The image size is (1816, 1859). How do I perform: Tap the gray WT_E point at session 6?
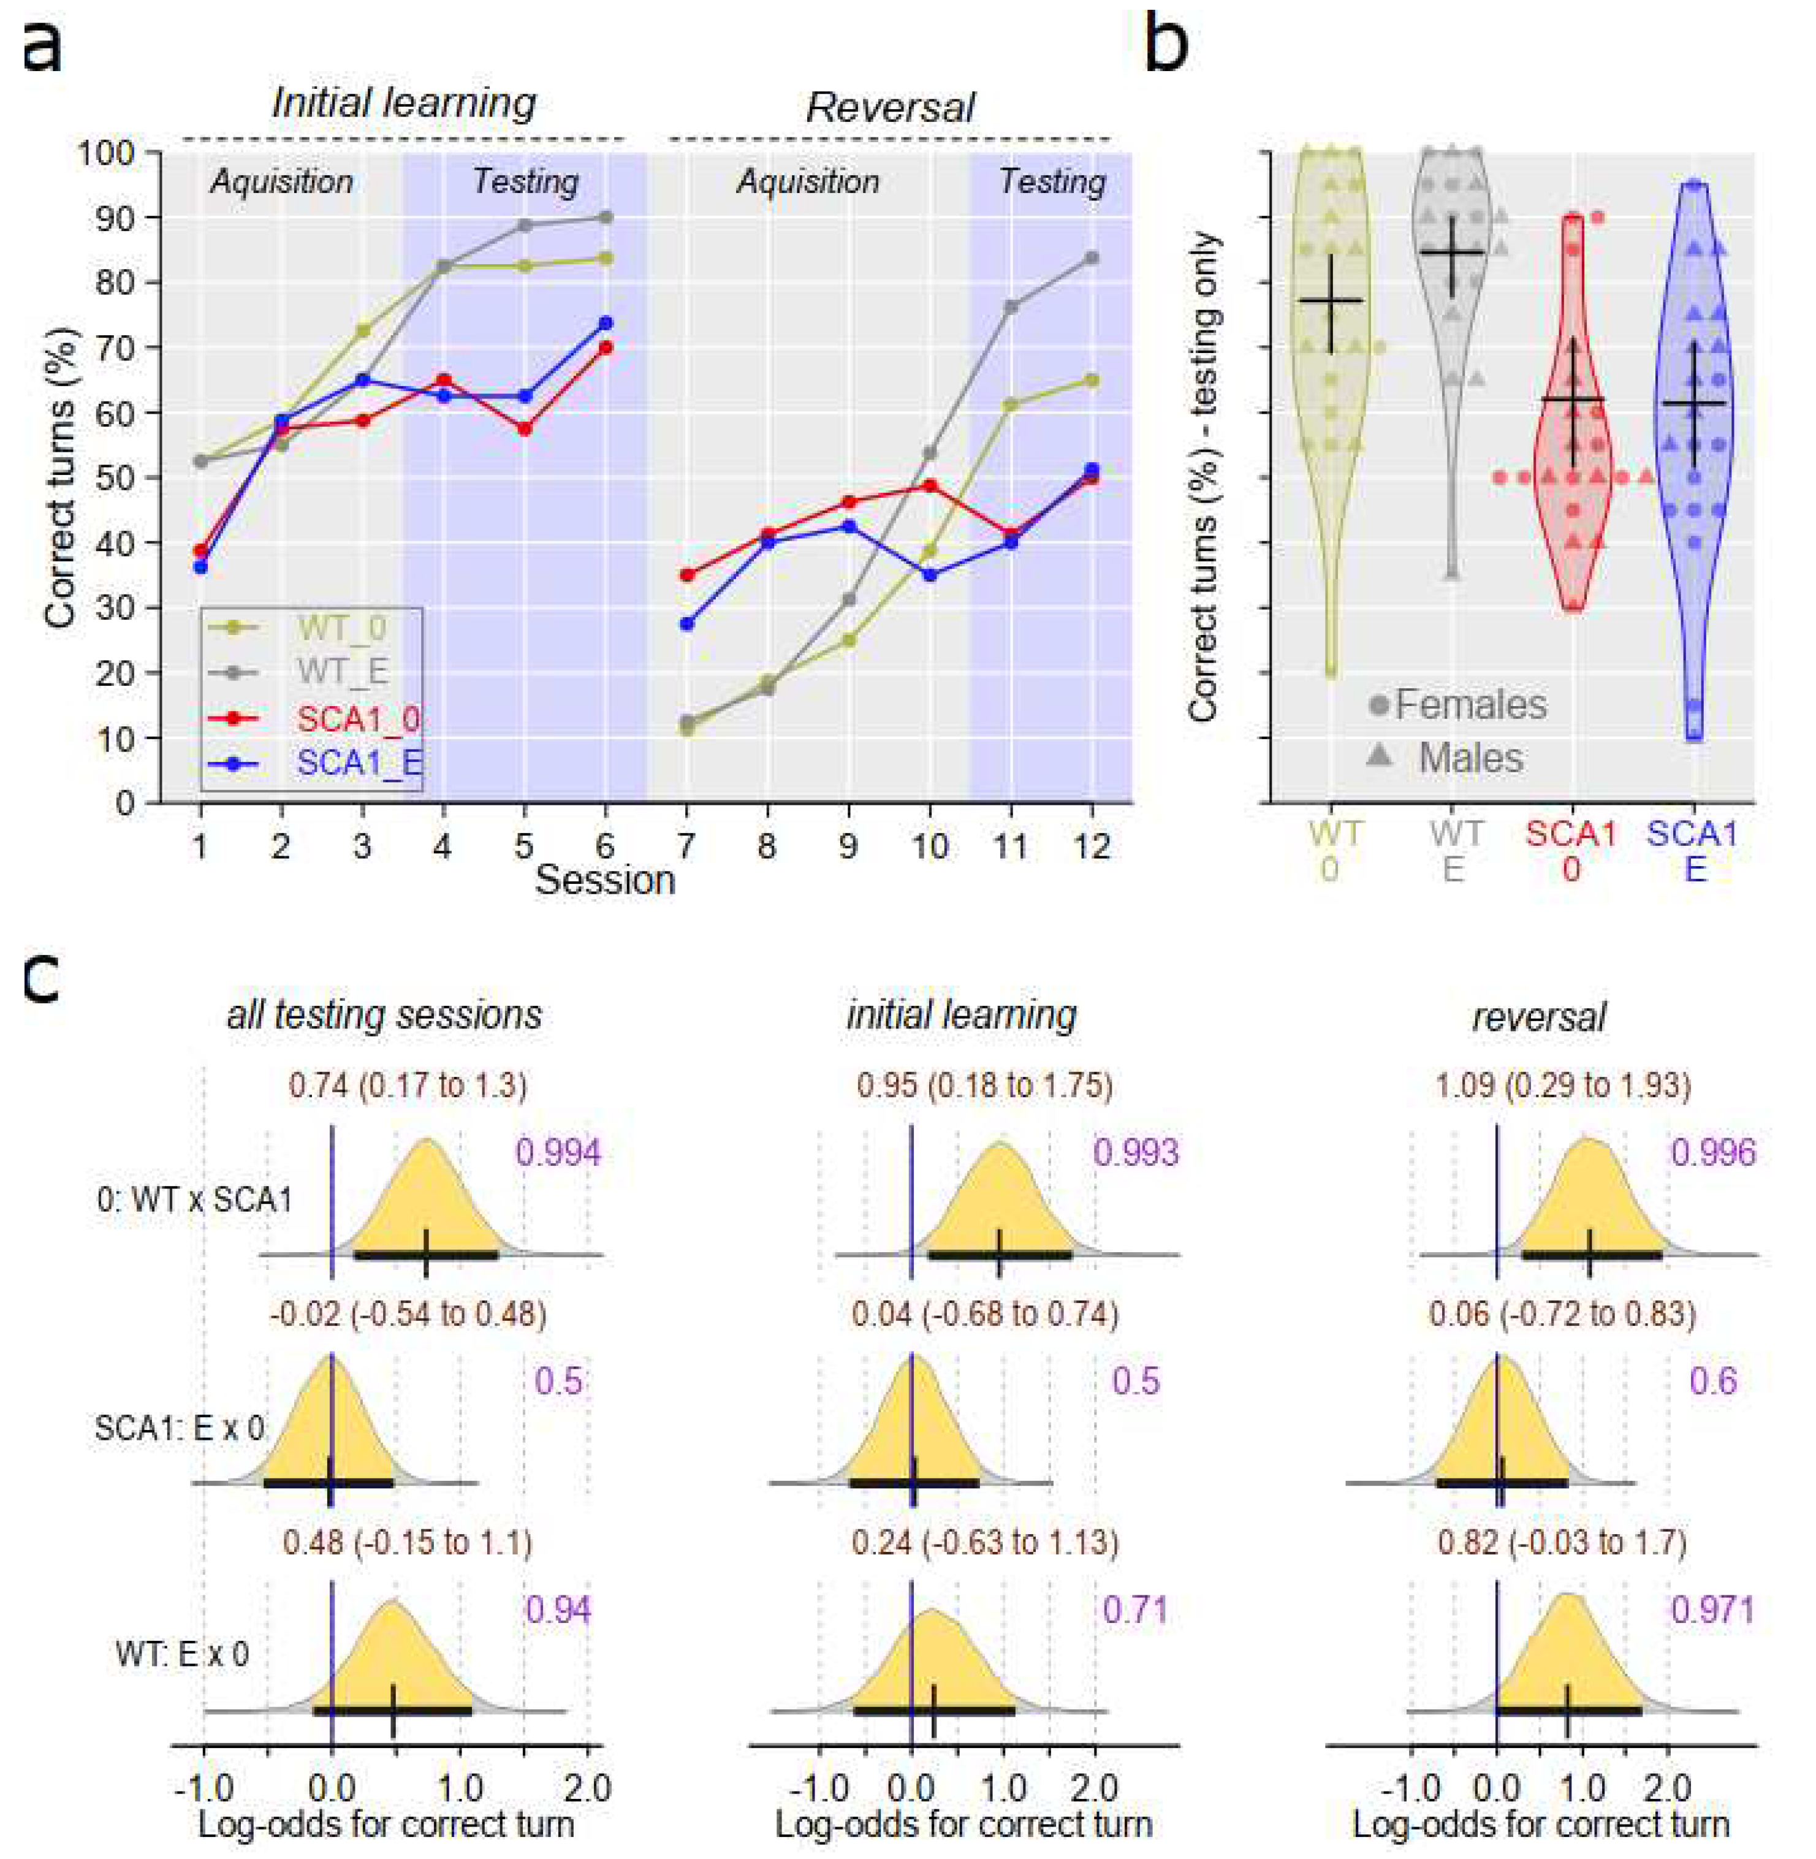click(x=605, y=218)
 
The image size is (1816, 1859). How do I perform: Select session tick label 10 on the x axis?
click(x=930, y=846)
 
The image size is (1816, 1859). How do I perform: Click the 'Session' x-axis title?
click(x=605, y=880)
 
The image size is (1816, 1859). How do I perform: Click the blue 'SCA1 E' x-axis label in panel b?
click(x=1693, y=851)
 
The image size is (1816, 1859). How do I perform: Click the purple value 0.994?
click(x=558, y=1152)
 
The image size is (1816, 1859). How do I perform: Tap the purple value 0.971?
click(x=1712, y=1610)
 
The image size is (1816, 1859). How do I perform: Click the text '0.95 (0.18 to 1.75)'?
click(x=983, y=1085)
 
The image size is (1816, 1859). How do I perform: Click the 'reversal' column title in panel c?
click(x=1538, y=1017)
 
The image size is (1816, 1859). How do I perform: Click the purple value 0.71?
click(x=1135, y=1610)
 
